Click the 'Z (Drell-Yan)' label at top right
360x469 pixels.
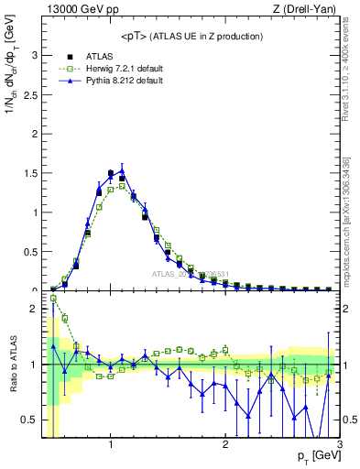306,9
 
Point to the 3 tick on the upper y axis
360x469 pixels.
36,55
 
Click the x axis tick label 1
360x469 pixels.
111,445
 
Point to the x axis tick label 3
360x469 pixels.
339,445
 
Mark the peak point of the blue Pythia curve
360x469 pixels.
122,169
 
